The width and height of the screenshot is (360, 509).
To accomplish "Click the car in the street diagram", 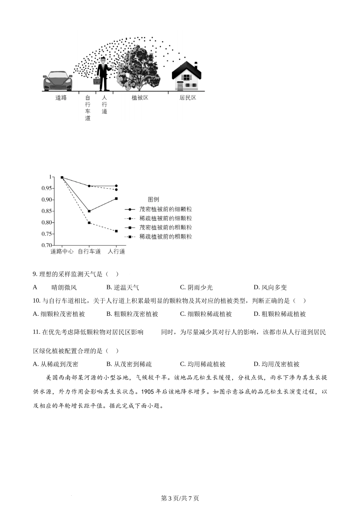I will click(x=57, y=81).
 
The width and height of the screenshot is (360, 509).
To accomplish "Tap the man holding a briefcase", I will click(x=103, y=74).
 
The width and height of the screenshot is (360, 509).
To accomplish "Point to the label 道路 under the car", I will click(x=61, y=98).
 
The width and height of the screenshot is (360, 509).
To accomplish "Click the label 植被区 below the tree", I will click(x=140, y=98).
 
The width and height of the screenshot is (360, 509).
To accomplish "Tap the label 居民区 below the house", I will click(x=188, y=98).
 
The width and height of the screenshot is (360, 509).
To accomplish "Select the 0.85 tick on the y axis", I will click(x=47, y=211).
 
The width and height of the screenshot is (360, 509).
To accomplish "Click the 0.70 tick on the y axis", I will click(x=47, y=245).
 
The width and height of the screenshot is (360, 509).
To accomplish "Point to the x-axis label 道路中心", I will click(x=62, y=251).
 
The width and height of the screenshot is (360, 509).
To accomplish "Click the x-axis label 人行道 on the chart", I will click(x=116, y=251).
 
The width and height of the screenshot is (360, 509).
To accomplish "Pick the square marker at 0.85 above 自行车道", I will click(x=89, y=211).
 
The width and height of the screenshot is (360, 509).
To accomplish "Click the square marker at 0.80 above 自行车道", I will click(x=89, y=223).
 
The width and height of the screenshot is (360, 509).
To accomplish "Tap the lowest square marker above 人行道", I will click(x=116, y=231).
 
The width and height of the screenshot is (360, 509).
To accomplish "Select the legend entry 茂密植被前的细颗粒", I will click(x=166, y=209).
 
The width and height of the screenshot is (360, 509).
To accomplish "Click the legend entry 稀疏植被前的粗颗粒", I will click(x=166, y=237).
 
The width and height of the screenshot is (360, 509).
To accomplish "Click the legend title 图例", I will click(x=153, y=200).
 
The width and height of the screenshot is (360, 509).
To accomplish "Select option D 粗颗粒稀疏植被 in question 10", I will click(x=280, y=314).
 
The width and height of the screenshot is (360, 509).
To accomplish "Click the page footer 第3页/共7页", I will click(x=180, y=498).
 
